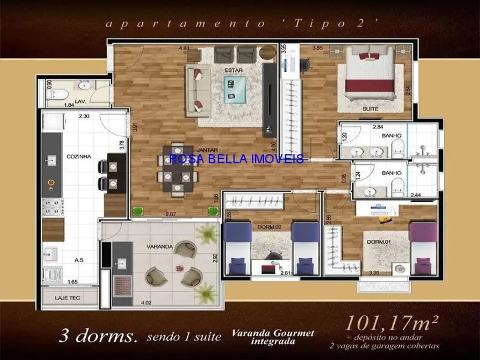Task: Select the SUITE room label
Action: [x=370, y=109]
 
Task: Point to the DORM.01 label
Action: [x=379, y=242]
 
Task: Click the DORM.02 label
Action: [x=270, y=226]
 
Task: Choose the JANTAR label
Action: [x=206, y=150]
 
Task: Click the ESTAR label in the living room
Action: [x=230, y=71]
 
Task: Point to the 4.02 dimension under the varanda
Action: [x=147, y=302]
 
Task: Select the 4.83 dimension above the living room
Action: [x=184, y=48]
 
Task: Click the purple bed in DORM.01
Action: [x=424, y=248]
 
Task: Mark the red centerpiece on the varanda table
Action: [x=179, y=268]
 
